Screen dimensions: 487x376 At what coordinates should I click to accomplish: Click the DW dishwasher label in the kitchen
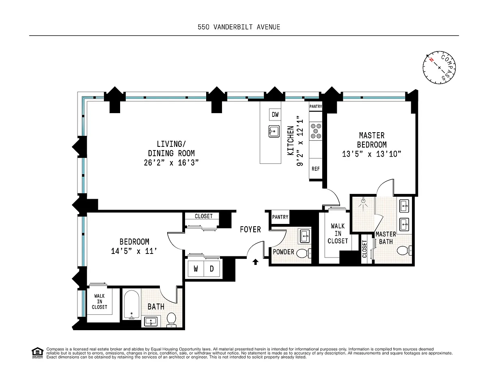275,114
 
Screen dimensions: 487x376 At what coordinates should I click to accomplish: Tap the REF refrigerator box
316,169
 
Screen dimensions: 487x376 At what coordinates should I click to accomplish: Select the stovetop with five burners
316,131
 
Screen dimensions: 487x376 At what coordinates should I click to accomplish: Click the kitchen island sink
274,131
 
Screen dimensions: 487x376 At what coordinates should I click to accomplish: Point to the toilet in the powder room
304,253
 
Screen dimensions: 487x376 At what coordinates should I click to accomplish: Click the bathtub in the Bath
131,305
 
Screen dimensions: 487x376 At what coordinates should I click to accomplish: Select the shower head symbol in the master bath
363,203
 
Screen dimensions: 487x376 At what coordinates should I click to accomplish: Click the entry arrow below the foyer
255,262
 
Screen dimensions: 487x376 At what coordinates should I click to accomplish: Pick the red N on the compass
431,60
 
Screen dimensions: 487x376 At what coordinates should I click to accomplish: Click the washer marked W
196,269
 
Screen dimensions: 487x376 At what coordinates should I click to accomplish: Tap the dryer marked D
212,269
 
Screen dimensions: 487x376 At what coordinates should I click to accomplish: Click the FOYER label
250,230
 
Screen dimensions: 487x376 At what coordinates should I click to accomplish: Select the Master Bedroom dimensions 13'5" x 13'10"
372,154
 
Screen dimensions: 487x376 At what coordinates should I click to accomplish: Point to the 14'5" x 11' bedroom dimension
134,251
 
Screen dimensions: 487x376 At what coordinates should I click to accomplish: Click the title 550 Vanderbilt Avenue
239,27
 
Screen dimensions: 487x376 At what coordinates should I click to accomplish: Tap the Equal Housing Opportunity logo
37,353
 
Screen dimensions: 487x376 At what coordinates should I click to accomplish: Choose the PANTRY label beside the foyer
280,217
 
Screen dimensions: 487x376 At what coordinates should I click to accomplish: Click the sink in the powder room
305,236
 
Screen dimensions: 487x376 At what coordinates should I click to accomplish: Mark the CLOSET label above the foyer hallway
203,216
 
